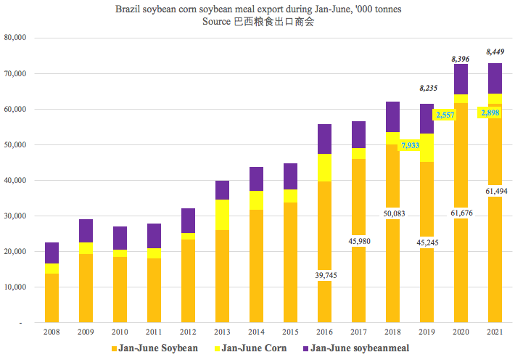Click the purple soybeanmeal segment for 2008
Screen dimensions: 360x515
coord(51,253)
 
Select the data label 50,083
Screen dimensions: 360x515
coord(392,215)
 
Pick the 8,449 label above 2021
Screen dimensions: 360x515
coord(495,52)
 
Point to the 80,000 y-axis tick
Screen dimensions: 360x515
coord(15,38)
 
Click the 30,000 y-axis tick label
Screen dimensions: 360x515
coord(15,216)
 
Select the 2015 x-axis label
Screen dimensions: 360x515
coord(290,331)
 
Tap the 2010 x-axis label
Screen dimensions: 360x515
coord(120,331)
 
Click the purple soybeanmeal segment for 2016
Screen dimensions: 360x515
coord(324,139)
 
